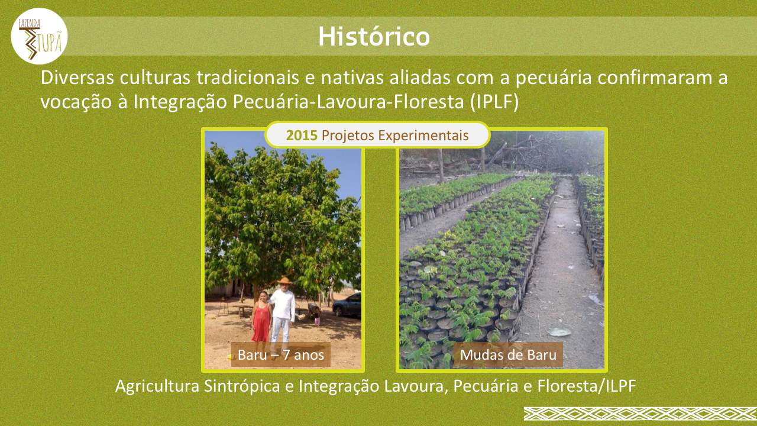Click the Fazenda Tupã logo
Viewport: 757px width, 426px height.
pyautogui.click(x=39, y=36)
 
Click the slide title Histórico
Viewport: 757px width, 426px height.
pyautogui.click(x=374, y=37)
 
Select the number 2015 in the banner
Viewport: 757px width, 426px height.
pyautogui.click(x=302, y=135)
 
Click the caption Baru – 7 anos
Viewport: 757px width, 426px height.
pyautogui.click(x=281, y=354)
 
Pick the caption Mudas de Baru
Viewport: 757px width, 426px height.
pyautogui.click(x=508, y=354)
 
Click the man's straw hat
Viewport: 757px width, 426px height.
pyautogui.click(x=284, y=281)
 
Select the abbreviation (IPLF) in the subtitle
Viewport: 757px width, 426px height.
pyautogui.click(x=494, y=102)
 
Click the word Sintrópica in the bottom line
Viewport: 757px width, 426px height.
pyautogui.click(x=242, y=386)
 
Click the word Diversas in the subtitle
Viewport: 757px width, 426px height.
pyautogui.click(x=77, y=78)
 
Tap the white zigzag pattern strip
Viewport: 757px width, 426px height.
pyautogui.click(x=640, y=414)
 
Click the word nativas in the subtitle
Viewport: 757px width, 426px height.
pyautogui.click(x=352, y=78)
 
